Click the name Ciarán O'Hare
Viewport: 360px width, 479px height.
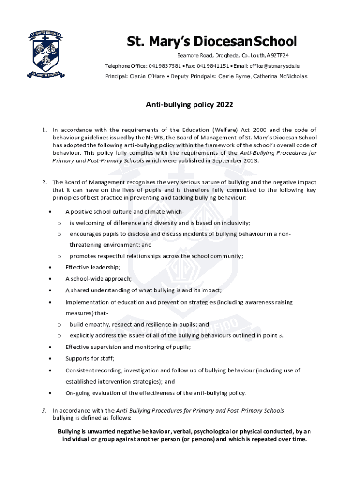(x=147, y=76)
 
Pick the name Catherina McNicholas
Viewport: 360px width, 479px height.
(x=280, y=76)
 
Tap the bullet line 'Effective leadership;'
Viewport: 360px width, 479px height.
(x=93, y=267)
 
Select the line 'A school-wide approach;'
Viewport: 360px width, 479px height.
(x=99, y=279)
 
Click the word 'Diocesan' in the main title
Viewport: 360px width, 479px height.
(x=214, y=42)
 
